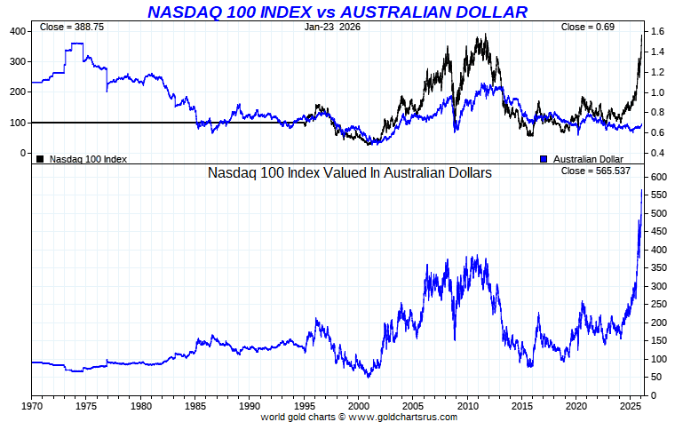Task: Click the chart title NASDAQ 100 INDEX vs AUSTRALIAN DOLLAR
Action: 337,12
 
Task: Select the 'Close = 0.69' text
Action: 587,28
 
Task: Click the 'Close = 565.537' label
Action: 596,171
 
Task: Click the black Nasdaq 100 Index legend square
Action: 40,159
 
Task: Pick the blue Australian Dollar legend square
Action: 544,159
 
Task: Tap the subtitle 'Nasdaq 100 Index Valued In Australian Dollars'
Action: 349,174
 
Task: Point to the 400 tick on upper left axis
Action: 17,31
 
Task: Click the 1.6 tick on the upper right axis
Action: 658,31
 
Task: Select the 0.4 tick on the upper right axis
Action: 658,154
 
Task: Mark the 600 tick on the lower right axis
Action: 658,178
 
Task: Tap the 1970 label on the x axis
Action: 32,406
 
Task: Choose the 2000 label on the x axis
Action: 359,406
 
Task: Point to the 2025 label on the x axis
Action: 631,406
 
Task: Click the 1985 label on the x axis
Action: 195,406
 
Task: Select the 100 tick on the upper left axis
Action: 17,123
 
